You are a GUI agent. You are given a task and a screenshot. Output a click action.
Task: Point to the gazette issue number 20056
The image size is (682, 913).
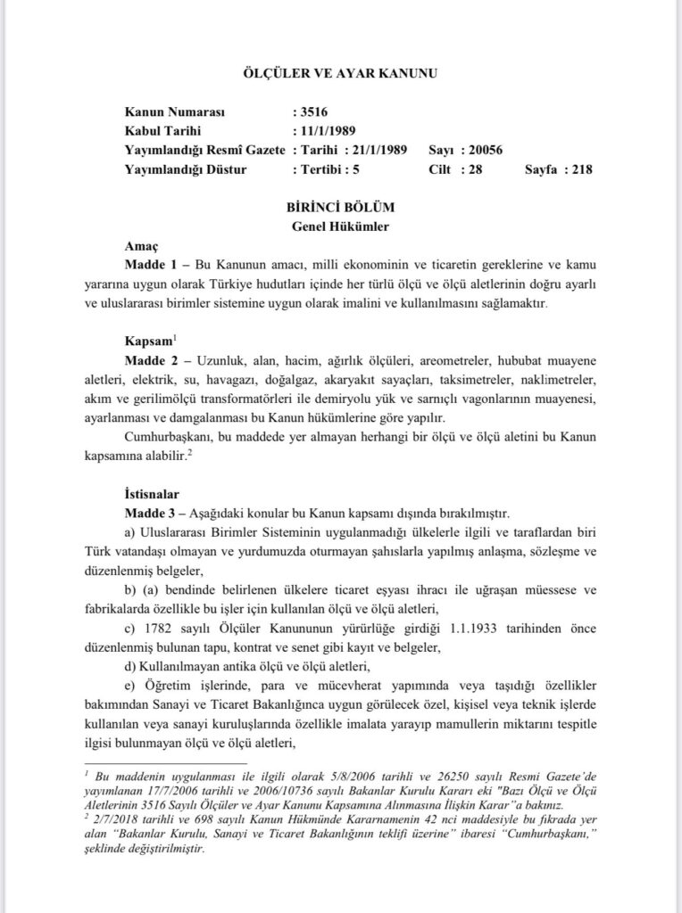pyautogui.click(x=485, y=149)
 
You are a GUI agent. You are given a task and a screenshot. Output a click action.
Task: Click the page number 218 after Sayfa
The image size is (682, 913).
pyautogui.click(x=577, y=168)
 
